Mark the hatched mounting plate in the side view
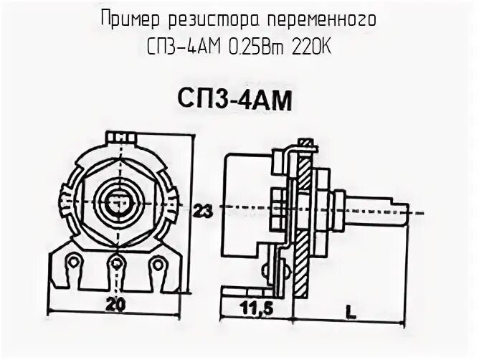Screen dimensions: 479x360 coord(305,215)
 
